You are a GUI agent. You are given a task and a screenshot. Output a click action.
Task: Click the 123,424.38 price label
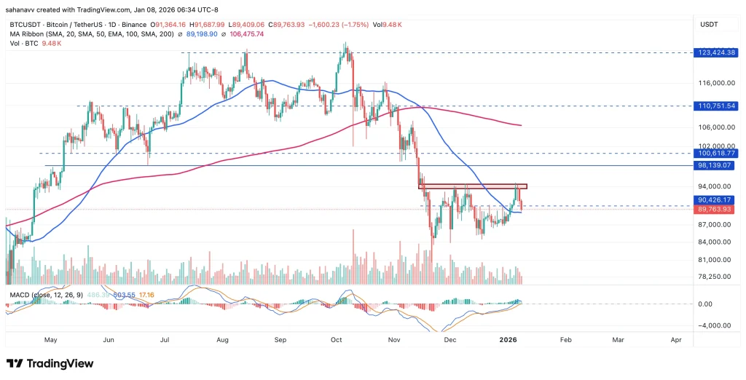click(717, 52)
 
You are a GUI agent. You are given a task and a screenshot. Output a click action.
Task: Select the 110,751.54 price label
click(717, 106)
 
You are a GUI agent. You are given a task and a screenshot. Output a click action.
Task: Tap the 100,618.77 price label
click(717, 154)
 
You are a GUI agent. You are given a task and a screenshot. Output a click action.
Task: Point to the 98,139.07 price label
click(717, 166)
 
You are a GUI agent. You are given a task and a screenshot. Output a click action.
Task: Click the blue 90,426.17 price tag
click(717, 199)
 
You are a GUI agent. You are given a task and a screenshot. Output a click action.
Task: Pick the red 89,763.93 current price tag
click(717, 210)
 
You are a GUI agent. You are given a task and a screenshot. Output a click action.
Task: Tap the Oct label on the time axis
click(337, 339)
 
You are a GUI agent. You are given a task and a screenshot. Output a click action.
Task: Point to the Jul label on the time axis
click(165, 339)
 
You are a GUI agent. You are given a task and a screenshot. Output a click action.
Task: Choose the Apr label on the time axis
click(676, 339)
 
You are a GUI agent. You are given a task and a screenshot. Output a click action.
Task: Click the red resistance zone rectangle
click(472, 186)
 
